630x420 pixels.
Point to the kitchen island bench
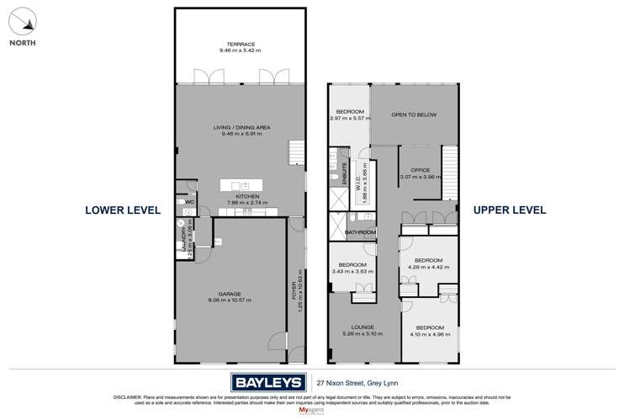(241, 184)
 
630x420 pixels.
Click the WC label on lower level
(189, 202)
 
